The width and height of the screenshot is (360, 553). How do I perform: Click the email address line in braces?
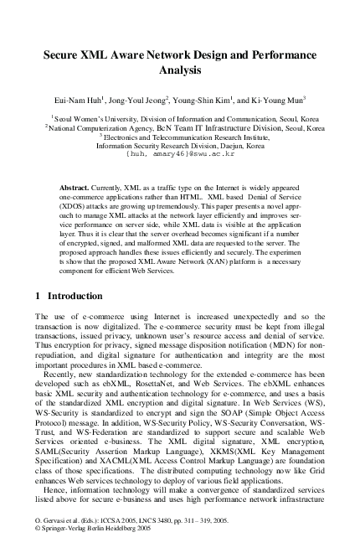180,154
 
